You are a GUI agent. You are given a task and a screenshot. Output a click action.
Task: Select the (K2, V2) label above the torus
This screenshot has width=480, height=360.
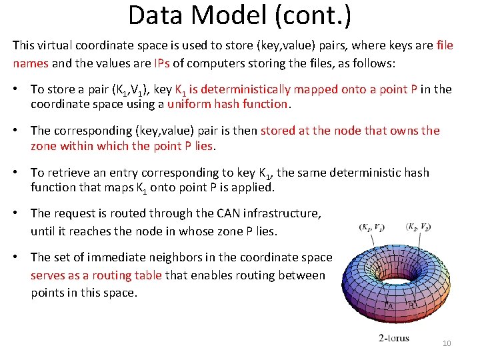(418, 227)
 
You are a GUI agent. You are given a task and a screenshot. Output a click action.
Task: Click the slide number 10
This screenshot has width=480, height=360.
(447, 343)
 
